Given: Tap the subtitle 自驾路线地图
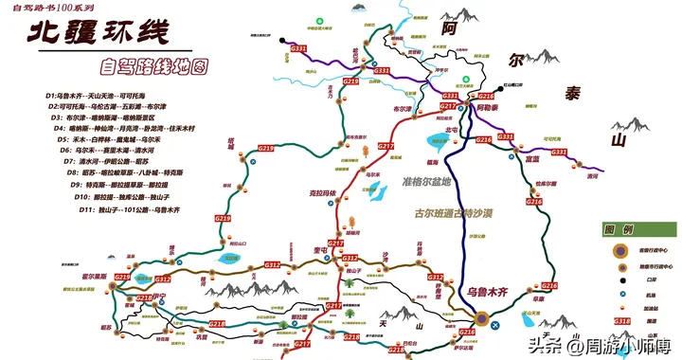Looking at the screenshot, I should click(157, 68).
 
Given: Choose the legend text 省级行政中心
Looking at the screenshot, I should click(654, 250).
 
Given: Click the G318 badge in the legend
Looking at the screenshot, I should click(620, 321).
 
